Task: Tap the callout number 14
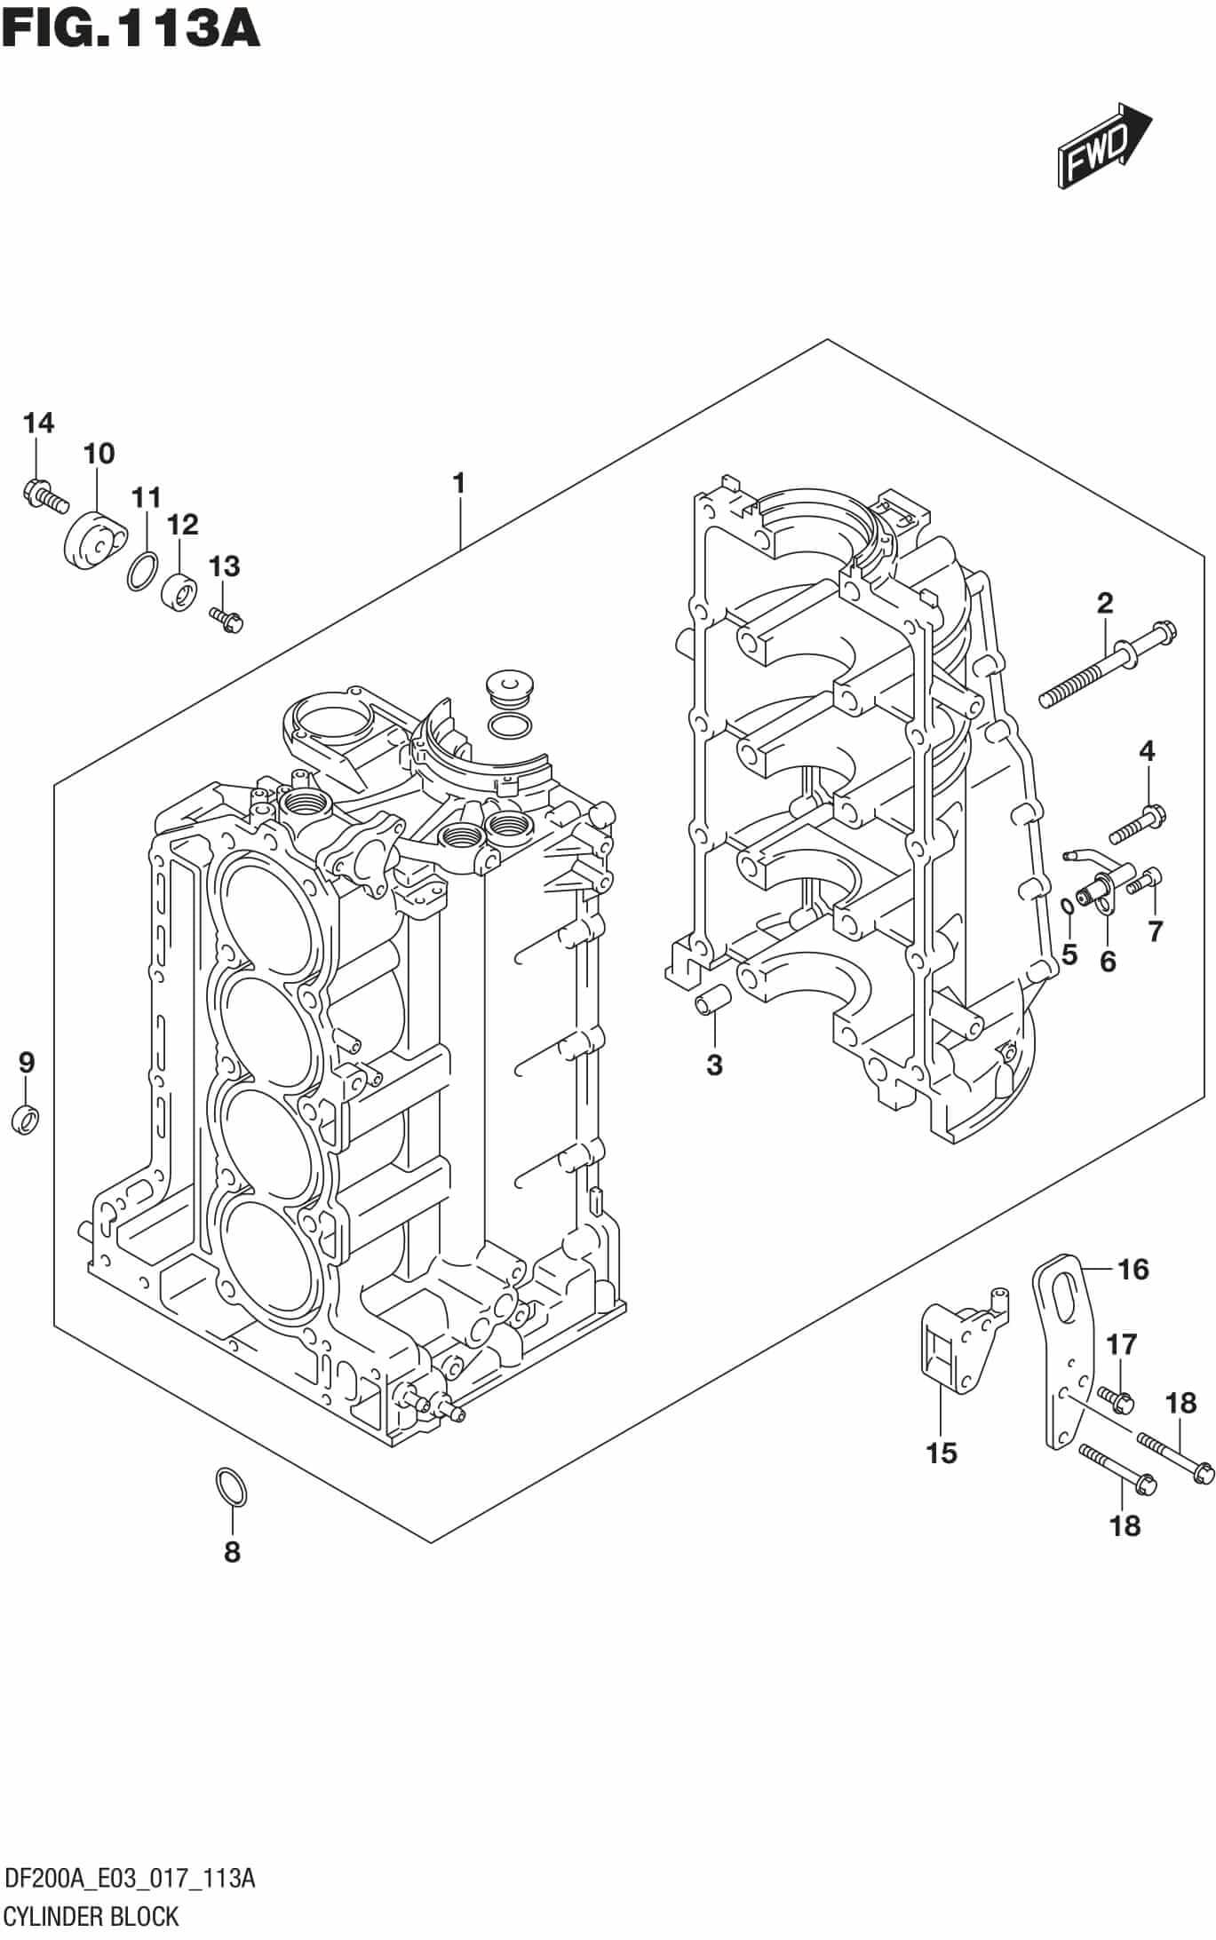click(x=38, y=424)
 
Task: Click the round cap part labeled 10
click(x=93, y=539)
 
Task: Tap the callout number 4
click(x=1147, y=752)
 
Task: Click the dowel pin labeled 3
click(x=711, y=1002)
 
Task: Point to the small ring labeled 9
click(x=26, y=1119)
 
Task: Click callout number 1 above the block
click(x=458, y=484)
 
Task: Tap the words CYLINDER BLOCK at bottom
click(x=92, y=1916)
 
